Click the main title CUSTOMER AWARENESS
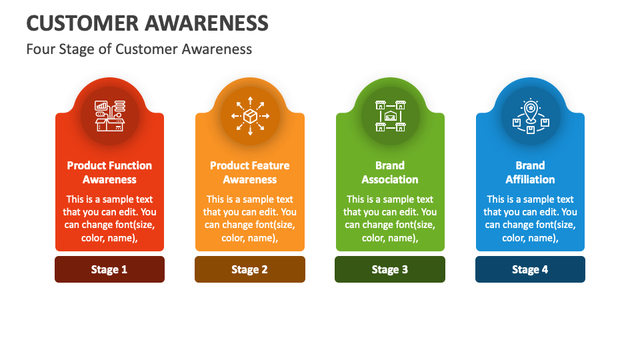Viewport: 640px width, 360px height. [x=147, y=23]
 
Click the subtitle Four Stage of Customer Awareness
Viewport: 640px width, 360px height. [x=139, y=49]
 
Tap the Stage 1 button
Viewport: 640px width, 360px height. [x=109, y=269]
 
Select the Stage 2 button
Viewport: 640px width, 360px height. [x=250, y=269]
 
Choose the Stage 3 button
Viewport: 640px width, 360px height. [x=390, y=269]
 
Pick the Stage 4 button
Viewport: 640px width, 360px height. [x=530, y=269]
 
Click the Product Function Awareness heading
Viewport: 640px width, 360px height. [x=109, y=172]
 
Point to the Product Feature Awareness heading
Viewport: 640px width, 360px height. [x=250, y=172]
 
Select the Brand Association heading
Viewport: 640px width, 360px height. [x=390, y=172]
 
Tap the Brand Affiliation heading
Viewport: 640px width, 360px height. [x=530, y=172]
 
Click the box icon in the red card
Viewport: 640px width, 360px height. [x=109, y=116]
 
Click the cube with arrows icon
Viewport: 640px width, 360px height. [x=250, y=116]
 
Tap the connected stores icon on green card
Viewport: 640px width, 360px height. [x=390, y=116]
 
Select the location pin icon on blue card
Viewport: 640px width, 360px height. [x=530, y=116]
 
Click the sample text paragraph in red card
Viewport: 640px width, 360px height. [x=109, y=219]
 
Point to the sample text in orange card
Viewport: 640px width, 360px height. [x=250, y=219]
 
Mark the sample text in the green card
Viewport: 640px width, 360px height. [x=390, y=219]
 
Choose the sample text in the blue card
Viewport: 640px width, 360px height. [x=530, y=219]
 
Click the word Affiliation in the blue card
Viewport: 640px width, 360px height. [x=530, y=179]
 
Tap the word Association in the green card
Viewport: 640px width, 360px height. [x=390, y=179]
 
